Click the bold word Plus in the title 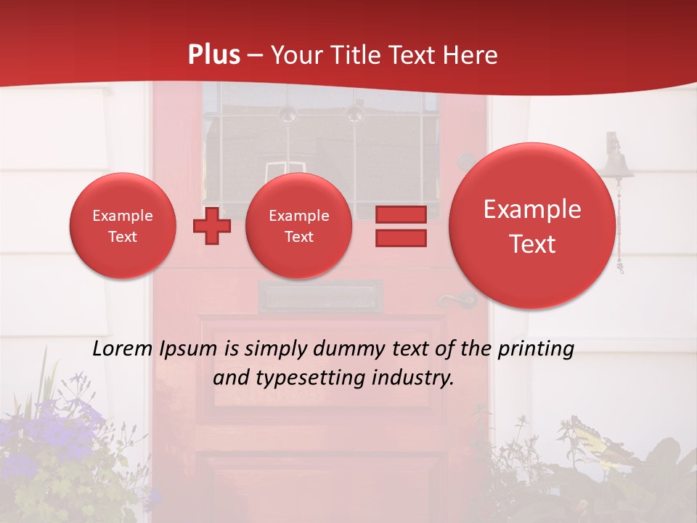click(x=213, y=55)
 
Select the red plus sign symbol click(x=211, y=226)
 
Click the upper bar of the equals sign click(x=401, y=215)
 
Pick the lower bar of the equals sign click(x=401, y=238)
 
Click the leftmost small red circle click(x=122, y=226)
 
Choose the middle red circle click(x=298, y=226)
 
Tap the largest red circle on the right click(x=532, y=226)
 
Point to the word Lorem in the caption click(x=123, y=349)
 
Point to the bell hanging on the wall click(x=618, y=163)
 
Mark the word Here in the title click(x=473, y=55)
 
